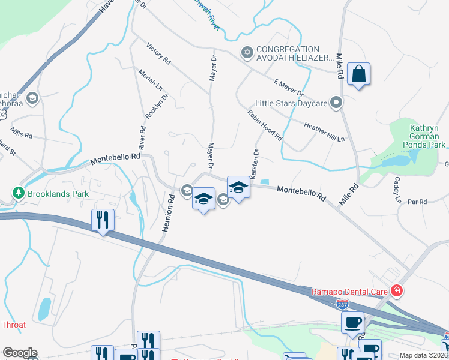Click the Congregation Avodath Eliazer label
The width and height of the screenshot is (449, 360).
(294, 53)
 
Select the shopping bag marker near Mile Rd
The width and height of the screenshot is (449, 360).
(358, 75)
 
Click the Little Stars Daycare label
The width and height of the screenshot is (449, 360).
(291, 103)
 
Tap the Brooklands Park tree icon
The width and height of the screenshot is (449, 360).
(19, 193)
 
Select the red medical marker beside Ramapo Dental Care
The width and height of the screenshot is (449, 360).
(396, 291)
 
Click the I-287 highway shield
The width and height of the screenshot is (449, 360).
(342, 305)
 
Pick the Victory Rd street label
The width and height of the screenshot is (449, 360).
(159, 53)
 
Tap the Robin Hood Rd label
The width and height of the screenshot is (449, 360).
(265, 125)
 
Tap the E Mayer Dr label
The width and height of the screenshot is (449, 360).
(289, 88)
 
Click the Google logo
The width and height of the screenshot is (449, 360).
(20, 353)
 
